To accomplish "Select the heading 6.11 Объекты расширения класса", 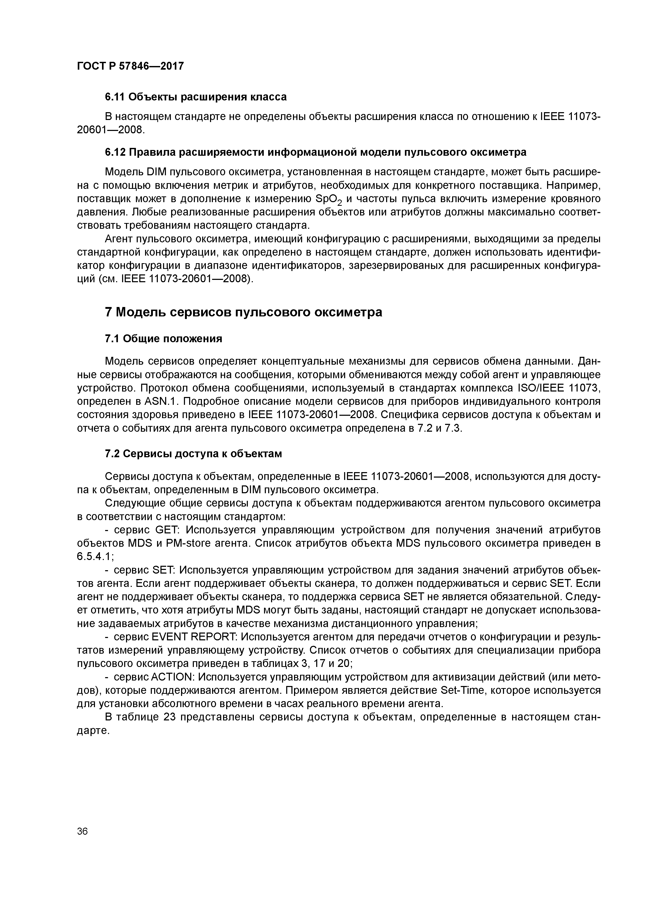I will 196,97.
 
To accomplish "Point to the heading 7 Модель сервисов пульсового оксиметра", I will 243,312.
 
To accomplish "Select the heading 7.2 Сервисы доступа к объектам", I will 193,454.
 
